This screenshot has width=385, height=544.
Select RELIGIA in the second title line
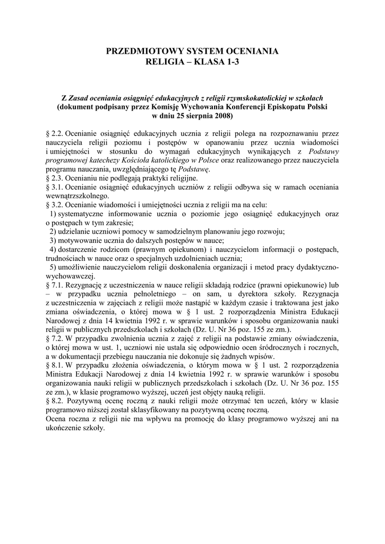(x=169, y=63)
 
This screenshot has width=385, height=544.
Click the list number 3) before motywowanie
(x=53, y=241)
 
